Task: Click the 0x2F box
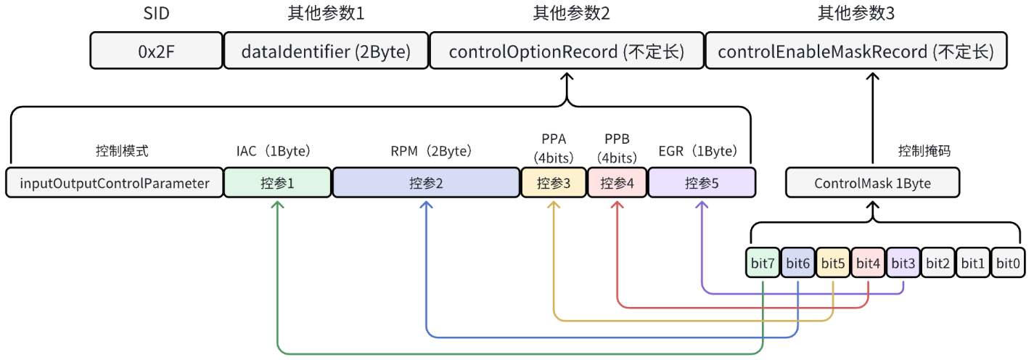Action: [156, 52]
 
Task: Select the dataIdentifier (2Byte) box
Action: [326, 52]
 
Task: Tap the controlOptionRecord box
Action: [566, 52]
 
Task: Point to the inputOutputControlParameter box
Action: [115, 183]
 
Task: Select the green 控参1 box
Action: [277, 183]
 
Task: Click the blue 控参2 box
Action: [426, 183]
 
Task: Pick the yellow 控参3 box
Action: [554, 183]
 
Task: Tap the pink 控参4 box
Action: [617, 183]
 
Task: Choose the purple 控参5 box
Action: [702, 183]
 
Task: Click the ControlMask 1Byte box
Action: [872, 183]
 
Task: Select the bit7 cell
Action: [763, 263]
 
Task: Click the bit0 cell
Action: [1008, 263]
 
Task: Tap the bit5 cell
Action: [833, 263]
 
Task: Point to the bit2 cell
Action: [937, 263]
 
